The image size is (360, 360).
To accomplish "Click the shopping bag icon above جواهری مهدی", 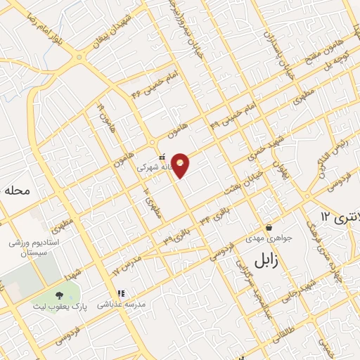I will click(269, 227).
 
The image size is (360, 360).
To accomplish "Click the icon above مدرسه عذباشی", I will click(120, 293).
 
